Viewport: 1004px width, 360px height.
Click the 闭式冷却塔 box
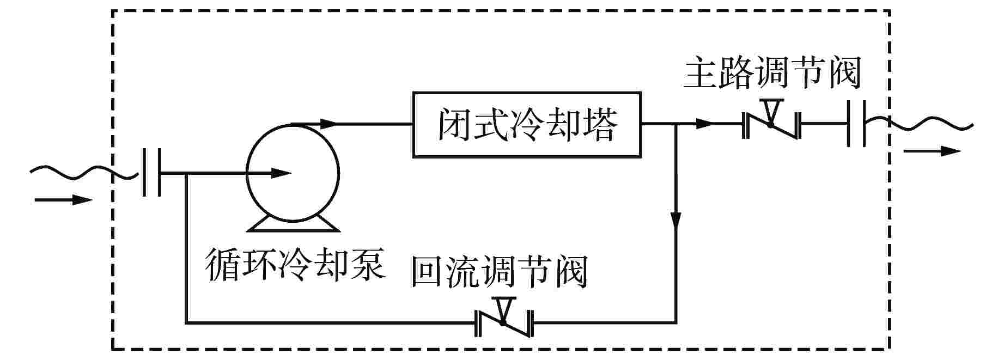point(526,125)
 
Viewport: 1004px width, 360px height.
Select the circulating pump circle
point(293,173)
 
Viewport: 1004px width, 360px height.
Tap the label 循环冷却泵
point(295,265)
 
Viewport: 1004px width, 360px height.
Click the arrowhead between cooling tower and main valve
point(704,124)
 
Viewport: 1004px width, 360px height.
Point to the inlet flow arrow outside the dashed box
point(63,200)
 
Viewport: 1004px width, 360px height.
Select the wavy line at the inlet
point(82,173)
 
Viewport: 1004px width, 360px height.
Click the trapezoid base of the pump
point(293,224)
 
